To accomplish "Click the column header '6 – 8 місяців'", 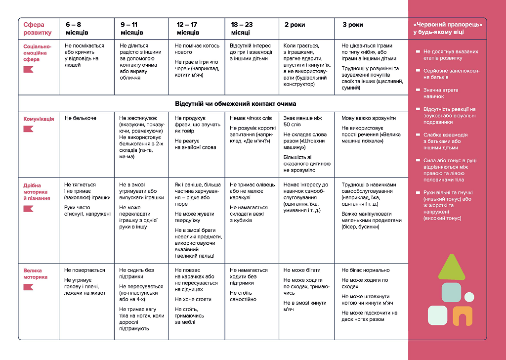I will tap(77, 28).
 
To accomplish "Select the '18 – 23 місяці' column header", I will tap(242, 28).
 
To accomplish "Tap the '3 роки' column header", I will tap(353, 25).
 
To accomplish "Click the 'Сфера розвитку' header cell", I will tap(37, 28).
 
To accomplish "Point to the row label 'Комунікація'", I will tap(39, 119).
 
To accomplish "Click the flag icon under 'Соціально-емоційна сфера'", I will tap(28, 69).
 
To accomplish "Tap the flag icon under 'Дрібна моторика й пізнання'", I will tap(28, 209).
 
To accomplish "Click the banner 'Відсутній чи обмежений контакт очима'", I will tap(235, 104).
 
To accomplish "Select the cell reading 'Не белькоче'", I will tap(81, 118).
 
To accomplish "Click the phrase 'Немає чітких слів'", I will tap(251, 118).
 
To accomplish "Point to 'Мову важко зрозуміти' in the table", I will tap(369, 118).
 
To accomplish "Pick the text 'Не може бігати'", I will tap(302, 270).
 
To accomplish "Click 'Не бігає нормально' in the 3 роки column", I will tap(366, 270).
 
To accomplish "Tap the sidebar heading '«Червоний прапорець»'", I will tap(447, 25).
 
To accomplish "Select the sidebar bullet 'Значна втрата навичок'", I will tap(441, 93).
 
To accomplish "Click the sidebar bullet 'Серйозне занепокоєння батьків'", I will tap(451, 74).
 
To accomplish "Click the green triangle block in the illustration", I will tap(452, 268).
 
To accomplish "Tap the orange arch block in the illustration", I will tap(463, 315).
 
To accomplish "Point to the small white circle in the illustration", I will tap(469, 297).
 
